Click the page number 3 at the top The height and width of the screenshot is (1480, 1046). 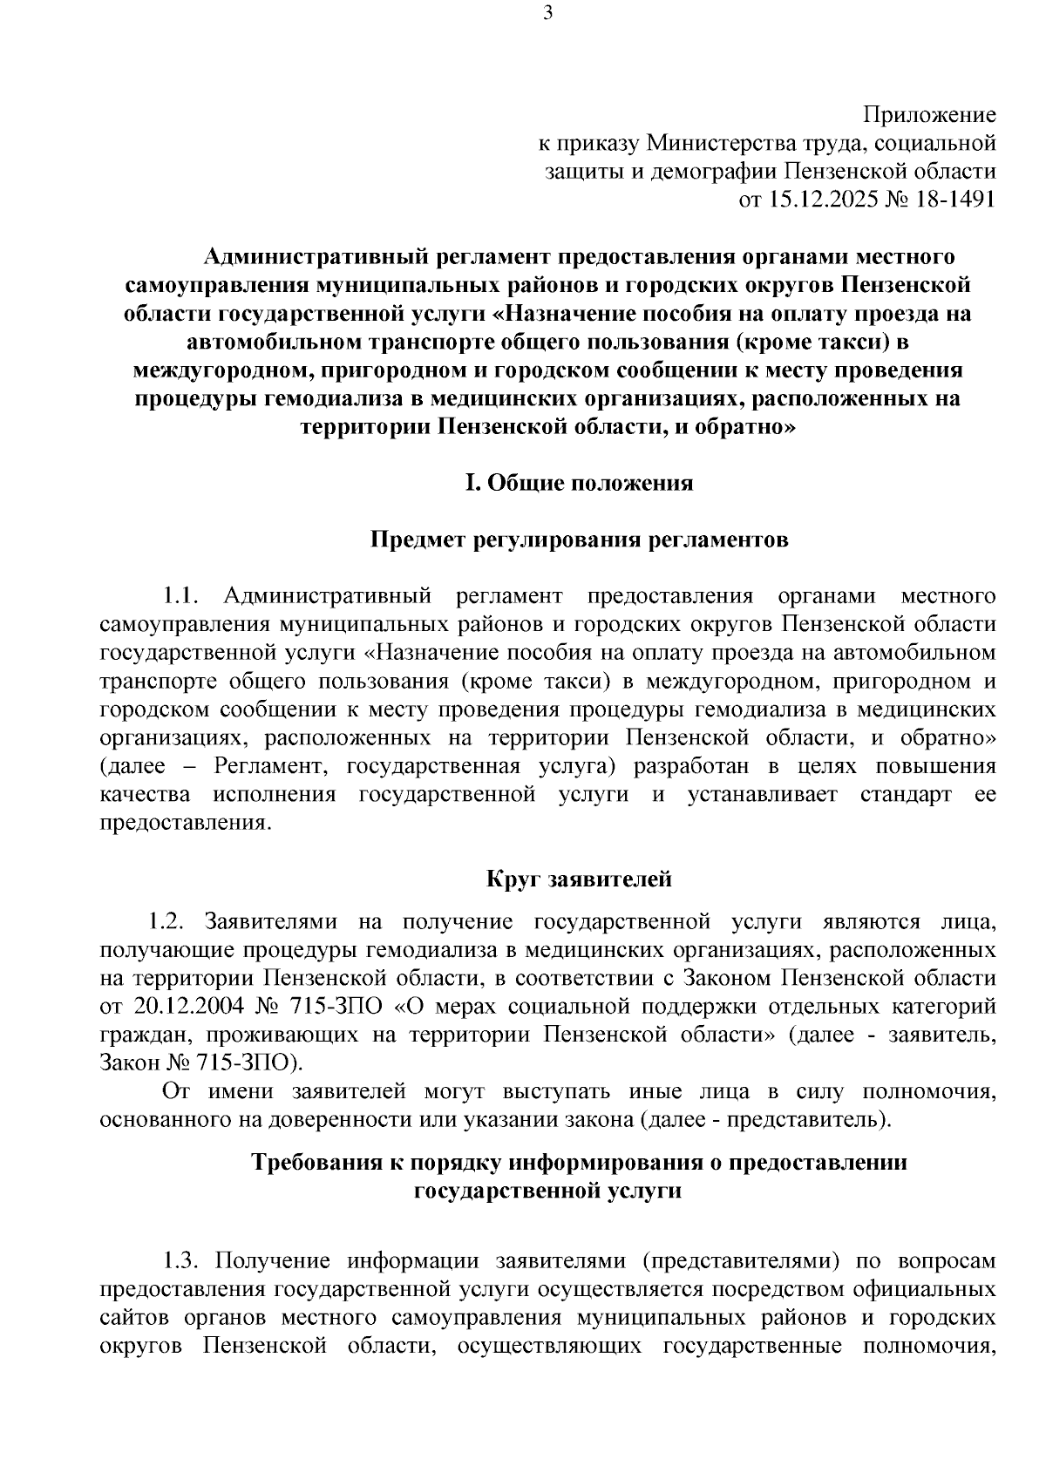click(547, 12)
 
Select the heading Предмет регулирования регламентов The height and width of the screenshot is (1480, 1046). click(580, 540)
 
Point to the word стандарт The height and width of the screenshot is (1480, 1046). click(905, 795)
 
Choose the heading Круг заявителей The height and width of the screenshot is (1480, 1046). click(579, 879)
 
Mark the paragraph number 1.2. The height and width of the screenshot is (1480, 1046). click(165, 921)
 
